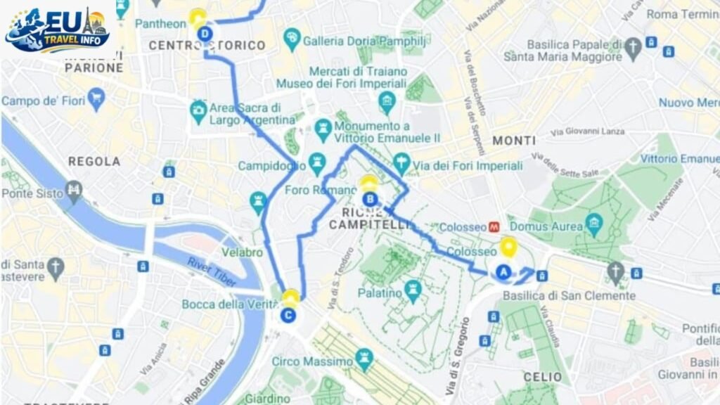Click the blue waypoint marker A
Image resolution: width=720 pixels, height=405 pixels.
(503, 271)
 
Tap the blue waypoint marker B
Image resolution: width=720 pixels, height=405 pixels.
(368, 199)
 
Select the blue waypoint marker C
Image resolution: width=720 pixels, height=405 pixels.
(288, 314)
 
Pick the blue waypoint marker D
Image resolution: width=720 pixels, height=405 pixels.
(205, 33)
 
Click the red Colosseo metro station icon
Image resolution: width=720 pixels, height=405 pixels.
(495, 227)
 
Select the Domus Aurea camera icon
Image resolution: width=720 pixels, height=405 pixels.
(594, 224)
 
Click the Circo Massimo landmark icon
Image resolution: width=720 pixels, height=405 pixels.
(364, 360)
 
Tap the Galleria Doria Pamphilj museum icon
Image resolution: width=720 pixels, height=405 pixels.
(292, 38)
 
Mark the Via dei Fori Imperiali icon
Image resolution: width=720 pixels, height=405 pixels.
(401, 163)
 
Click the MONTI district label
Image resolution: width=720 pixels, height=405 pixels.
(514, 141)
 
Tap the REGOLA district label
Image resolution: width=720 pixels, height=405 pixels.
(94, 162)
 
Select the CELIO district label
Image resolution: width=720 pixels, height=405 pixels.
(543, 378)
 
